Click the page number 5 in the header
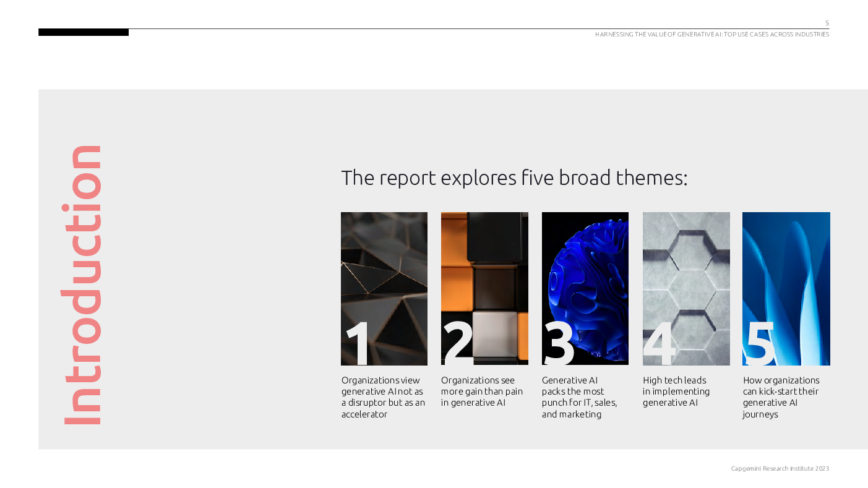[827, 24]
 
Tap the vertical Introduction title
[82, 285]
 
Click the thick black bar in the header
[84, 32]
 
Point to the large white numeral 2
[458, 343]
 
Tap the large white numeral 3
[559, 343]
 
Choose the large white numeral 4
[659, 343]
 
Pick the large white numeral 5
[758, 343]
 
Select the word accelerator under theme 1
[364, 414]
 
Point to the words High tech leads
[674, 380]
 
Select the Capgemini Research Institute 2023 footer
[780, 469]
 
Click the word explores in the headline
[479, 179]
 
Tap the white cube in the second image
[494, 334]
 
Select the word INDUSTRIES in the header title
[812, 35]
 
